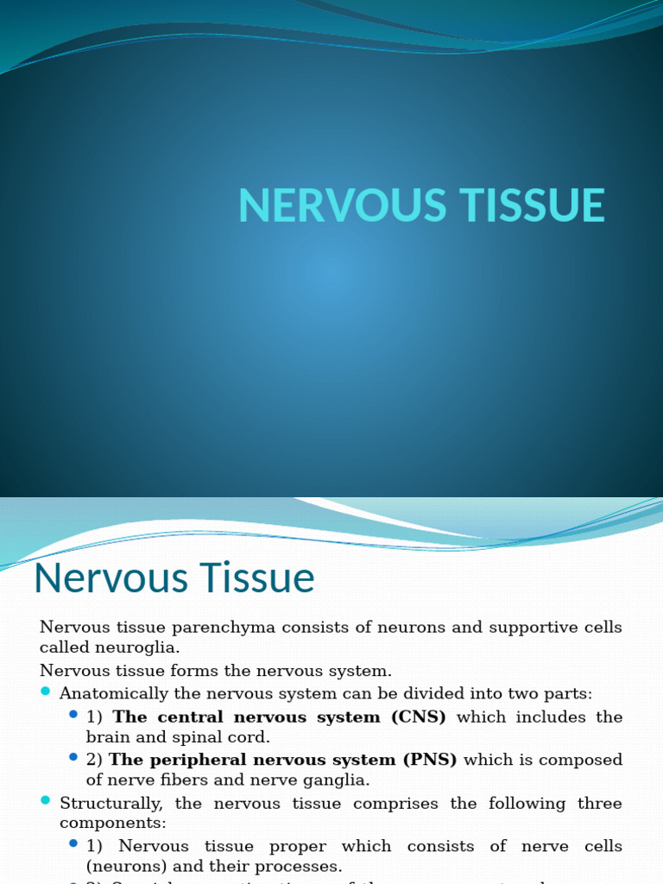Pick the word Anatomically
(x=112, y=694)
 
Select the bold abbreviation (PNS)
(x=429, y=761)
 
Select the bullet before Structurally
(x=46, y=802)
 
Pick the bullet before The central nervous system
(x=73, y=715)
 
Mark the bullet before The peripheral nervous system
(x=73, y=758)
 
